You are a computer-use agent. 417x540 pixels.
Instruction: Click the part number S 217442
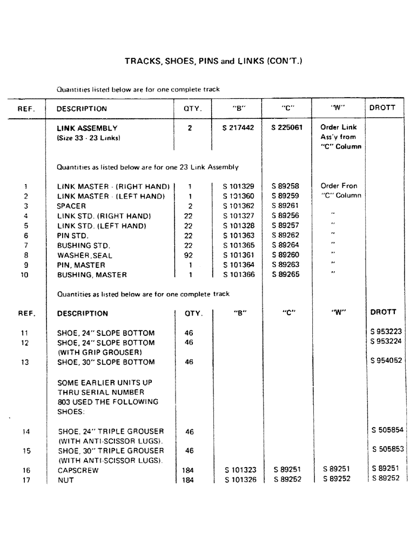(x=238, y=129)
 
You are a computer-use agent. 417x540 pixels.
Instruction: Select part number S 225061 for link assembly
(x=287, y=129)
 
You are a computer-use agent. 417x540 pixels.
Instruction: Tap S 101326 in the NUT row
(x=240, y=480)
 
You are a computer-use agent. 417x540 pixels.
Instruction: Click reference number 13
(x=25, y=362)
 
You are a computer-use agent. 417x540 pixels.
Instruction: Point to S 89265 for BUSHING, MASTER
(x=286, y=274)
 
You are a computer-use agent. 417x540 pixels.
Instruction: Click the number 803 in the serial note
(x=64, y=402)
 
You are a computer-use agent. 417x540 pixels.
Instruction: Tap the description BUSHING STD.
(x=83, y=246)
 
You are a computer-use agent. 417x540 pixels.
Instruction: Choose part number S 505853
(x=388, y=449)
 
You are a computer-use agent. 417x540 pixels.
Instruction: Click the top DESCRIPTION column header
(x=82, y=109)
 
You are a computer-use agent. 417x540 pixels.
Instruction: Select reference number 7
(x=25, y=246)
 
